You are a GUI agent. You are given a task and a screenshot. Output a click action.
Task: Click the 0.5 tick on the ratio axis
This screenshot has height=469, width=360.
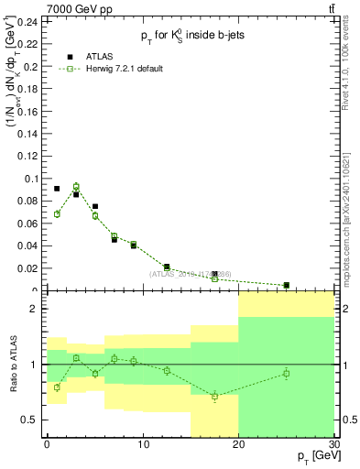(33, 420)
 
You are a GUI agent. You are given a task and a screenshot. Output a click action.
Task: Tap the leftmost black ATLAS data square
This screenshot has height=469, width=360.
(57, 189)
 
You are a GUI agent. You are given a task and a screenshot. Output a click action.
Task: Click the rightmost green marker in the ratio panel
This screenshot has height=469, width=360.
(286, 373)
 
